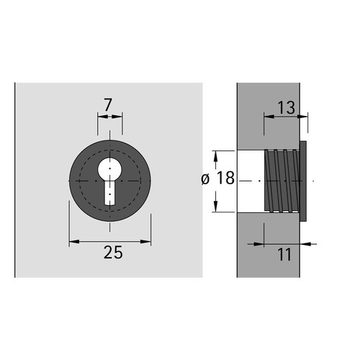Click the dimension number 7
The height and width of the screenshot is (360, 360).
(108, 105)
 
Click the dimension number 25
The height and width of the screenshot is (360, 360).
(113, 253)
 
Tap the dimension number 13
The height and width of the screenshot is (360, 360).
(286, 107)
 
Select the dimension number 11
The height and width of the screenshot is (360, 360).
(284, 254)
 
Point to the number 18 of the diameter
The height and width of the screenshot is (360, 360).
(225, 178)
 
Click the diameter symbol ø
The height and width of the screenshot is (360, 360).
(205, 179)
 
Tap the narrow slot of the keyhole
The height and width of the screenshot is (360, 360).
(109, 193)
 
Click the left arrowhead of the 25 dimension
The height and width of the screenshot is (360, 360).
(74, 241)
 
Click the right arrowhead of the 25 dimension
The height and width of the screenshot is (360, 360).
(145, 241)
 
